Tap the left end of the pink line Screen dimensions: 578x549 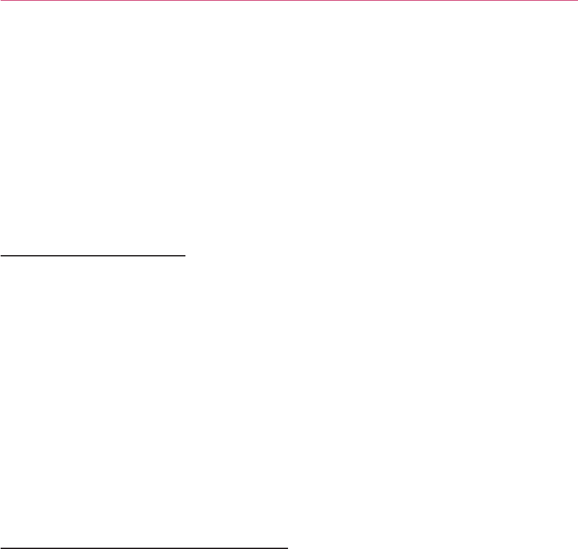1,1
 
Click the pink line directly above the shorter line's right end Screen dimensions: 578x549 186,1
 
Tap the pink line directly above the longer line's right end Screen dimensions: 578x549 287,1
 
